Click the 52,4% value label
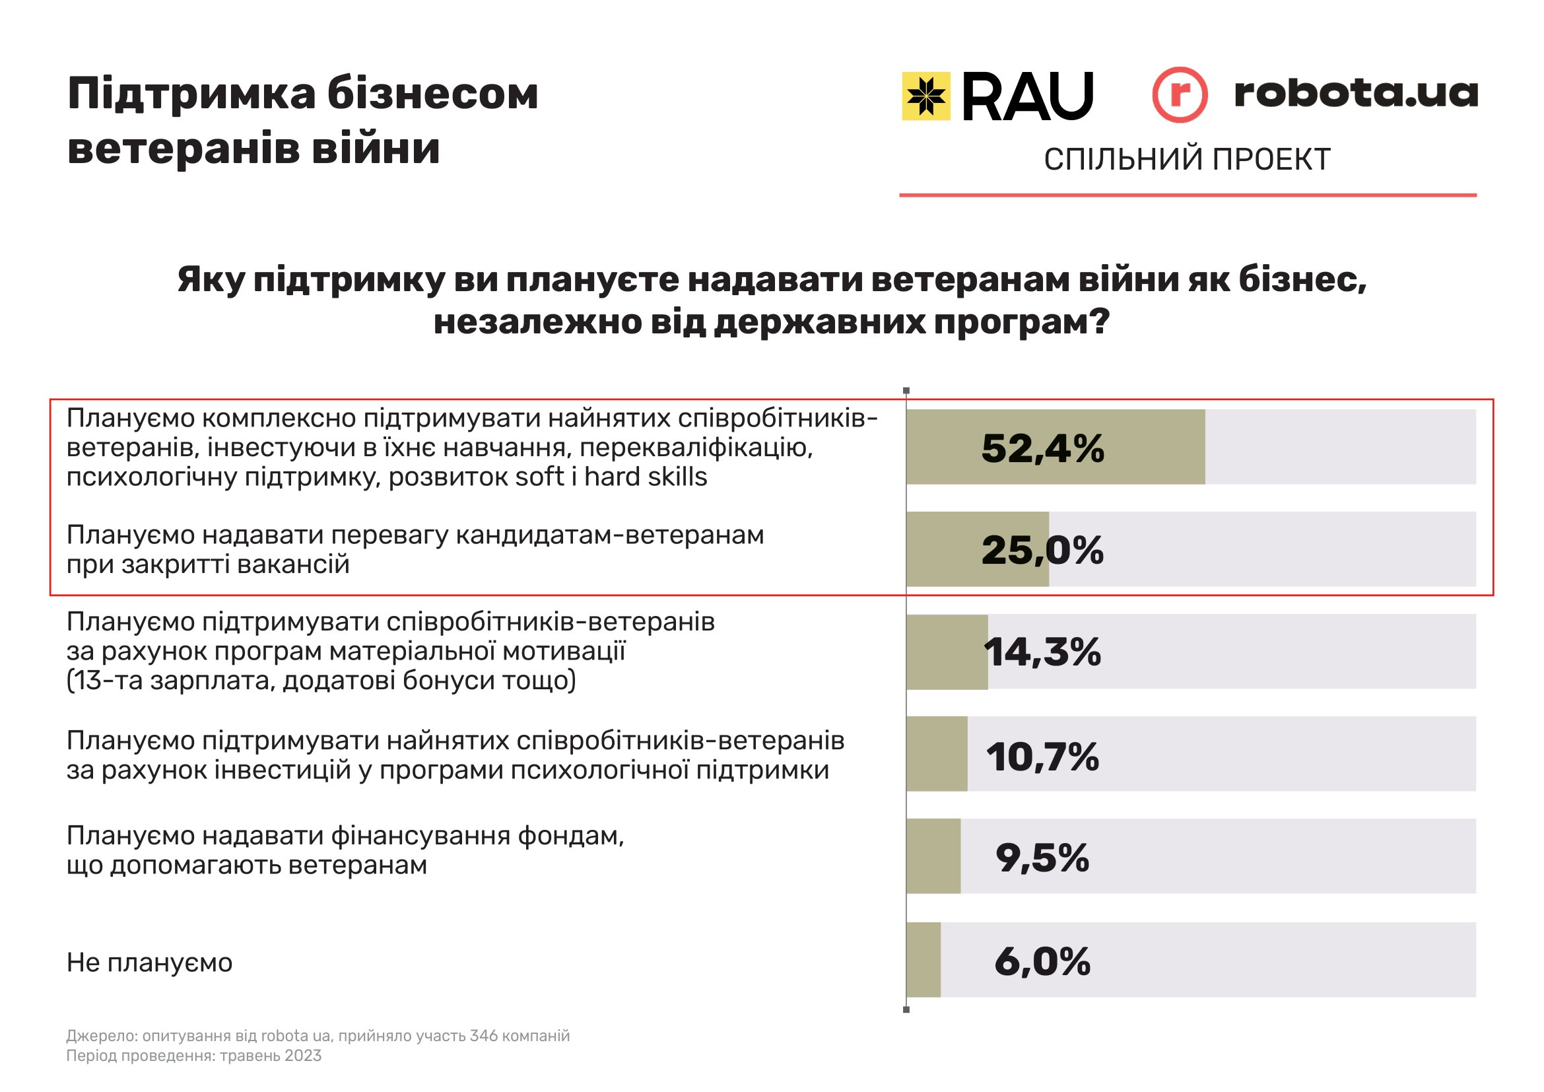[1042, 448]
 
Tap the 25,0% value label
[1042, 550]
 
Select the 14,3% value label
[1042, 652]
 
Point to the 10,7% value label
[1042, 757]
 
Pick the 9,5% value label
[1042, 858]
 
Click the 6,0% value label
[1042, 961]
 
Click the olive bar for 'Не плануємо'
[923, 959]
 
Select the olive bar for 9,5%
[933, 856]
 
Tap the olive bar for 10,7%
[937, 754]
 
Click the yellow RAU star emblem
[926, 96]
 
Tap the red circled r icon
[1180, 95]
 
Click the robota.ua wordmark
[1356, 93]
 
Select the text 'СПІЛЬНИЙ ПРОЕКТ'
[1187, 159]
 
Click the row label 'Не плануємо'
[149, 963]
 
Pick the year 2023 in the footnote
[302, 1056]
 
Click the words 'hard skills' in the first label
[645, 477]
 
